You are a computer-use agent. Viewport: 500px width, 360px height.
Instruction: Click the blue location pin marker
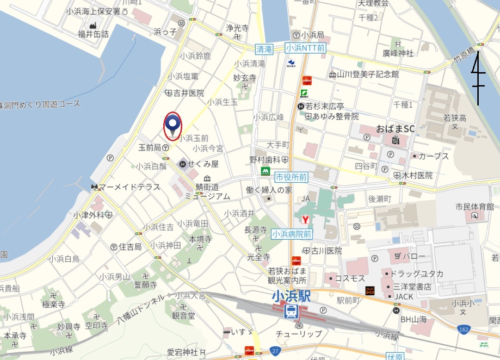pos(173,124)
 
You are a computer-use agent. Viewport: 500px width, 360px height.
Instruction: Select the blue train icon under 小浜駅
pos(291,311)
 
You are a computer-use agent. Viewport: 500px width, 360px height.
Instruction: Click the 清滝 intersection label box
pos(264,49)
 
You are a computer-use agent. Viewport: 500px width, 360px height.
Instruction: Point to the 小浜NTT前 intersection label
pos(305,48)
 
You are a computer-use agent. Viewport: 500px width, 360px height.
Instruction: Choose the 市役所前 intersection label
pos(291,177)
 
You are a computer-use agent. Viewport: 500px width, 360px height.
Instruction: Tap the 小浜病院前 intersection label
pos(292,234)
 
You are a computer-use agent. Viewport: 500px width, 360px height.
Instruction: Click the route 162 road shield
pos(464,329)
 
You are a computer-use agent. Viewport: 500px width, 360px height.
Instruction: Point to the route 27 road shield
pos(276,351)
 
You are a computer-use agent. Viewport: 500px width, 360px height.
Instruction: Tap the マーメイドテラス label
pos(129,187)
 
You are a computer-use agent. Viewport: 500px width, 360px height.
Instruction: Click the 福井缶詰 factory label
pos(93,34)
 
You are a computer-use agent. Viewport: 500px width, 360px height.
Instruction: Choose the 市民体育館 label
pos(475,207)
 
